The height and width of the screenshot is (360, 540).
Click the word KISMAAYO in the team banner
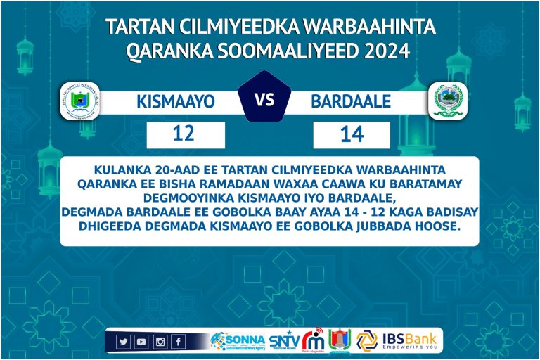click(175, 103)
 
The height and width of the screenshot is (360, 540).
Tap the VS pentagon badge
click(264, 100)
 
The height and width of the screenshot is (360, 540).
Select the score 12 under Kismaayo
click(185, 135)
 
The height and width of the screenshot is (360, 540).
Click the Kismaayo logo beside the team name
click(80, 101)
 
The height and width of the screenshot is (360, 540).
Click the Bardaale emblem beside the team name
click(449, 101)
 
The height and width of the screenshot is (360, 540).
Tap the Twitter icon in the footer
click(123, 342)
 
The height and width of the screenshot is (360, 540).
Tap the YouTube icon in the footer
click(141, 342)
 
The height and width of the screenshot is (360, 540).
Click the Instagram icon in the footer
click(160, 342)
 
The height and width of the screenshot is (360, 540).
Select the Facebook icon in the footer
click(179, 342)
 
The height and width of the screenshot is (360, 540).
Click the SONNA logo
click(237, 341)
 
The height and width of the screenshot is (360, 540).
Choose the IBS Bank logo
click(399, 340)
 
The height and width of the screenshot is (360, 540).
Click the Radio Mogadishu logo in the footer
click(313, 340)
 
